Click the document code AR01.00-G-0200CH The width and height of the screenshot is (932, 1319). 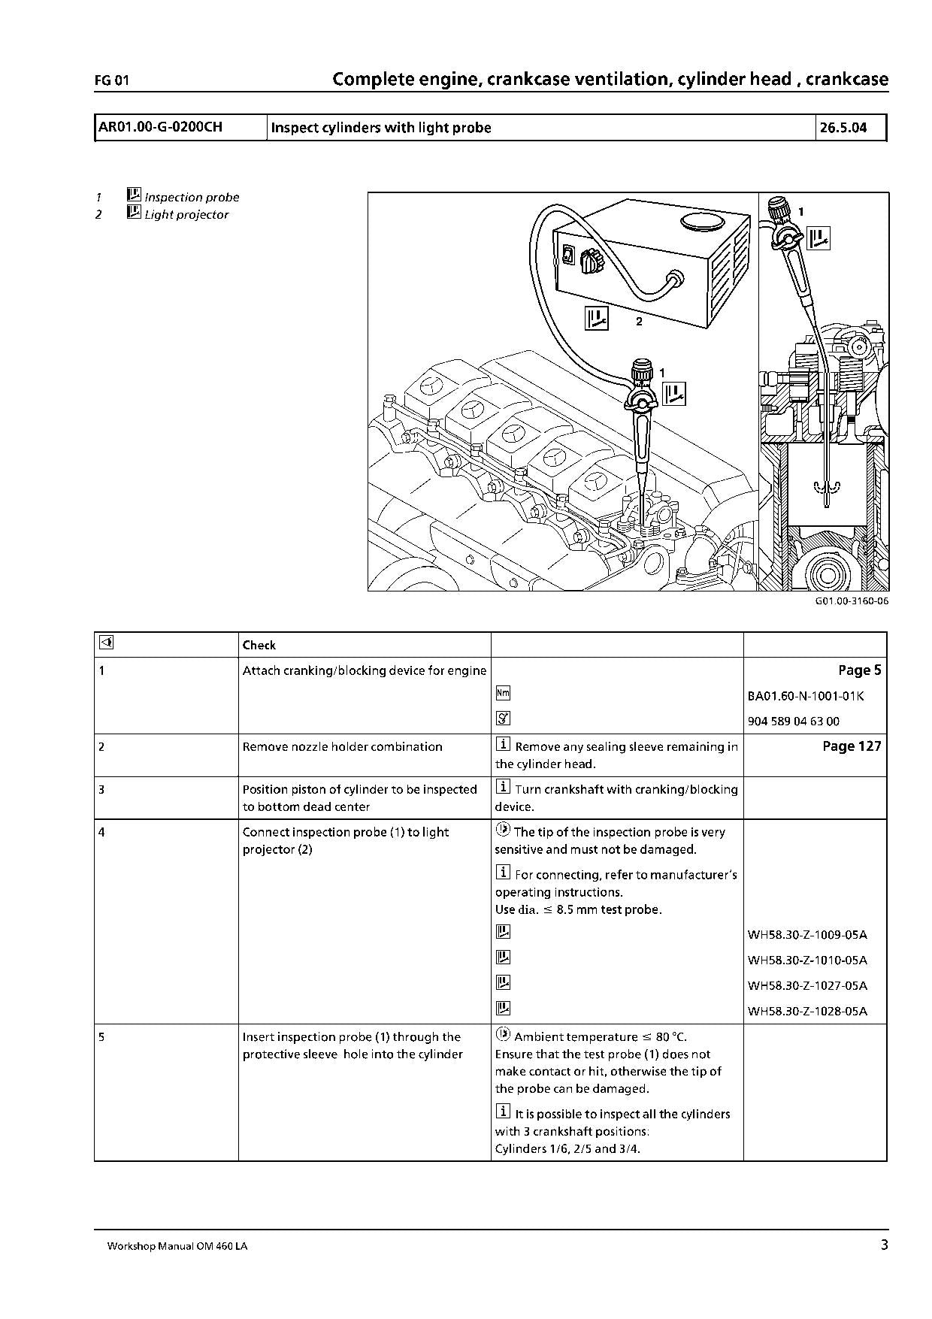point(160,127)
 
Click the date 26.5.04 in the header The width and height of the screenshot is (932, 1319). point(843,128)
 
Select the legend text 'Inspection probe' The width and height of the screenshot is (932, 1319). point(192,198)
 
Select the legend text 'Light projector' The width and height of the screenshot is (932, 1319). point(186,215)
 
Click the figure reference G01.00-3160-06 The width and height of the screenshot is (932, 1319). point(846,602)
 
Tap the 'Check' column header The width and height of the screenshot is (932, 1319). point(259,646)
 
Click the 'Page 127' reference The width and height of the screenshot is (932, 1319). point(852,746)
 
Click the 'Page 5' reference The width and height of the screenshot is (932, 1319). point(859,670)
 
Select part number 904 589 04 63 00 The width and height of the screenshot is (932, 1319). point(794,722)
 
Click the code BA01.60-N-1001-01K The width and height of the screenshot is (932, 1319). point(806,696)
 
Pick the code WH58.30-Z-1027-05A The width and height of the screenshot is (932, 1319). point(807,985)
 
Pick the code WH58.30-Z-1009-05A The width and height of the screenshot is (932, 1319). point(807,935)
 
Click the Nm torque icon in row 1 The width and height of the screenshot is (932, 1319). point(503,694)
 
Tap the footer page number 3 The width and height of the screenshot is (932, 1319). point(884,1245)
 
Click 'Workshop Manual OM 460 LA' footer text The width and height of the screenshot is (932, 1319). point(177,1246)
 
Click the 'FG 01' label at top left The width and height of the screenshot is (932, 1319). point(112,81)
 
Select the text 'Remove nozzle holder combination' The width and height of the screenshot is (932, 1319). point(342,747)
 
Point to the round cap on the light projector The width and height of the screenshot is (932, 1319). point(701,221)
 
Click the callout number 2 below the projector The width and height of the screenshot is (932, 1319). point(639,322)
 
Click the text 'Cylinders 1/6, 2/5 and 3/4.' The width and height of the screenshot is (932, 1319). point(567,1149)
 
